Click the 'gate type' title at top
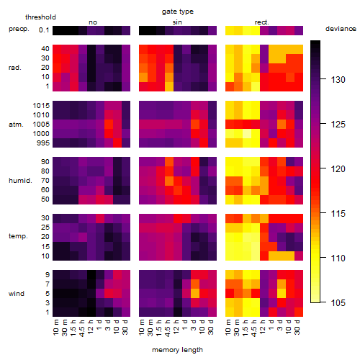[x=178, y=12]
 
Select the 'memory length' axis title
[x=177, y=350]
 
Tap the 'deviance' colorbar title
[x=341, y=29]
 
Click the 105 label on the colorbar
[x=338, y=302]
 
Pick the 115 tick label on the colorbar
[x=338, y=213]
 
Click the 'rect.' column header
[x=261, y=22]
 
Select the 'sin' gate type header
[x=177, y=22]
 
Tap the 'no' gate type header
[x=93, y=22]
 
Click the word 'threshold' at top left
[x=40, y=17]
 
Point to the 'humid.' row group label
[x=20, y=181]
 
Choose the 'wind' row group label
[x=17, y=294]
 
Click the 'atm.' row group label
[x=16, y=125]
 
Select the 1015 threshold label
[x=41, y=105]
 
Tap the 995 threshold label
[x=43, y=143]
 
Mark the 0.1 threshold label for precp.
[x=44, y=30]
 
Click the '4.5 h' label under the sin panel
[x=168, y=328]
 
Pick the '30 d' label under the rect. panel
[x=297, y=327]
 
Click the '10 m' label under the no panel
[x=55, y=327]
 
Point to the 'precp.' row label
[x=19, y=29]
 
